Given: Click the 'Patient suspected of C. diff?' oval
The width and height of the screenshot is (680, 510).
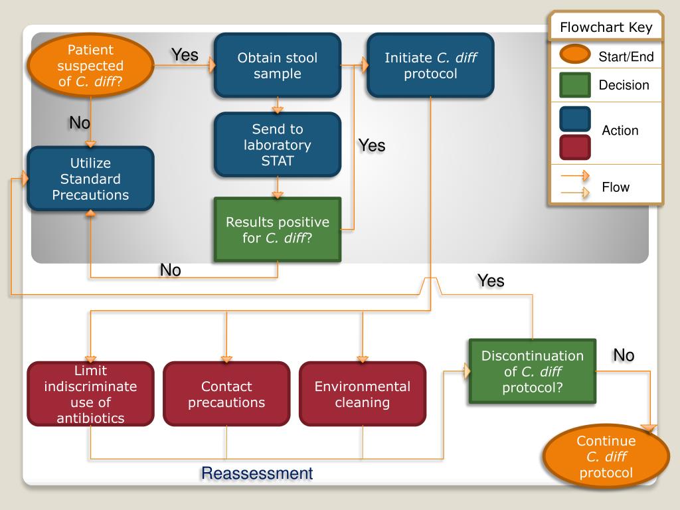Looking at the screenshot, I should click(90, 66).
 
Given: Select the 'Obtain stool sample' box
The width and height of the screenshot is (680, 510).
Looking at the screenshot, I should click(277, 66).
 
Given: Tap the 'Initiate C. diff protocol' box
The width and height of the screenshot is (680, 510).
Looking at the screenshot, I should click(430, 66).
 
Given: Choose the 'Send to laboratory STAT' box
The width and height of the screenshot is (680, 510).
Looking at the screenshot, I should click(277, 144).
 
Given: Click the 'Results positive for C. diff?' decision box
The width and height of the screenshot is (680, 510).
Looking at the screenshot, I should click(277, 229).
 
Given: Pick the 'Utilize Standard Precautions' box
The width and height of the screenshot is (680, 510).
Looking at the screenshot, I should click(90, 179).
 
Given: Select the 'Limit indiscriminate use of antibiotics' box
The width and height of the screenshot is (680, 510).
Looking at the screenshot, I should click(90, 394).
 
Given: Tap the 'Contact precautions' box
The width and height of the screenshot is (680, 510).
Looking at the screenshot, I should click(226, 394).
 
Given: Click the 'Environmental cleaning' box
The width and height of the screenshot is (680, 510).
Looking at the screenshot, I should click(363, 394).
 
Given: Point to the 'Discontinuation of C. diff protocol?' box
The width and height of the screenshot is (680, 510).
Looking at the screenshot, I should click(533, 371).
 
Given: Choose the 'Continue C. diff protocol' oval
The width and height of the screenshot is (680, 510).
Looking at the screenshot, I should click(606, 457).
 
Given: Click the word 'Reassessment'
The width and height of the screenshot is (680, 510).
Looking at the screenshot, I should click(256, 473).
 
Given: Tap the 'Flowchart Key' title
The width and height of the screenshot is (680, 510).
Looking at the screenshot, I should click(606, 28).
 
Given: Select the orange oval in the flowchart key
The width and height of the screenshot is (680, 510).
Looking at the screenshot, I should click(574, 56).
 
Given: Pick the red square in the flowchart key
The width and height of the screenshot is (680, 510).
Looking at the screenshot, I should click(574, 147).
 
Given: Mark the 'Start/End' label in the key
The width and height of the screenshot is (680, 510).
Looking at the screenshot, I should click(626, 57).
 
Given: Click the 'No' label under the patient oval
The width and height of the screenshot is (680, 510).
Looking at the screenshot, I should click(80, 123).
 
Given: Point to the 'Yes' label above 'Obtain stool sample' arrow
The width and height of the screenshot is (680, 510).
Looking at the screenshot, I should click(185, 55).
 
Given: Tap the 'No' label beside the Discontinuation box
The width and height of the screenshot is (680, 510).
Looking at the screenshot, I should click(624, 355).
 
